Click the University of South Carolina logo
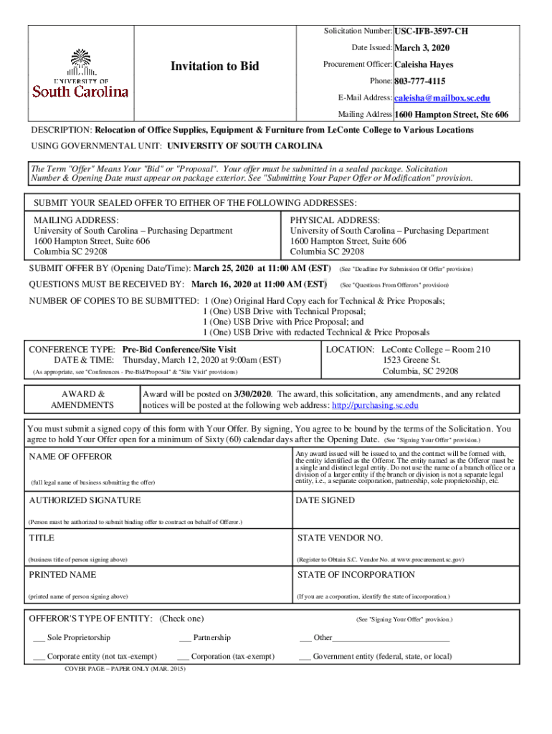coord(80,73)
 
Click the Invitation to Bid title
coord(214,66)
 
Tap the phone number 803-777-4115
coord(419,81)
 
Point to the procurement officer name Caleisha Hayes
coord(424,65)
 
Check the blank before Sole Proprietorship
coord(39,637)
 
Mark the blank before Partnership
coord(185,637)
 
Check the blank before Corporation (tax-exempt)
coord(183,656)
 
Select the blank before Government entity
coord(305,656)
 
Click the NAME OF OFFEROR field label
coord(70,457)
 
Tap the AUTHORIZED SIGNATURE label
coord(85,500)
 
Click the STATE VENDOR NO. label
coord(340,538)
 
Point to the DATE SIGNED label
coord(325,500)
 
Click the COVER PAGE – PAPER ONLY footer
coord(125,668)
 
